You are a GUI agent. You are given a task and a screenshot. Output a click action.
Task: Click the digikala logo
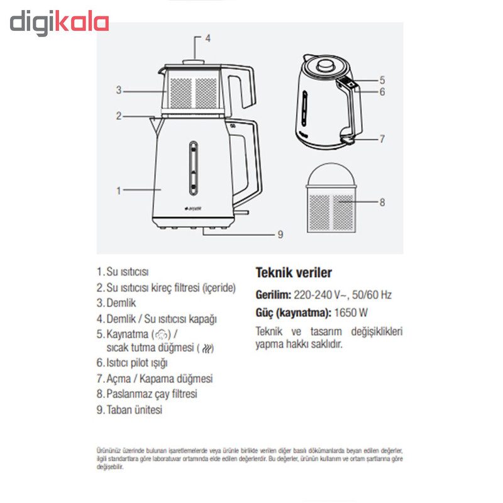pyautogui.click(x=59, y=23)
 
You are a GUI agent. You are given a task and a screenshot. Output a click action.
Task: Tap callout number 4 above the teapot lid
pyautogui.click(x=208, y=38)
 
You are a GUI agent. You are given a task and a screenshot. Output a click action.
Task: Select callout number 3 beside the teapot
pyautogui.click(x=119, y=90)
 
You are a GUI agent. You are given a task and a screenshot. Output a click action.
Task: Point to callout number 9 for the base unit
pyautogui.click(x=280, y=235)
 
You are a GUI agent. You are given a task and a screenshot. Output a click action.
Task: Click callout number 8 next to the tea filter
pyautogui.click(x=382, y=202)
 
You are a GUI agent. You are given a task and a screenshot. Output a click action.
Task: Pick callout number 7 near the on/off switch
pyautogui.click(x=382, y=139)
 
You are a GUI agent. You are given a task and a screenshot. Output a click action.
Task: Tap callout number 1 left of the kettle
pyautogui.click(x=119, y=191)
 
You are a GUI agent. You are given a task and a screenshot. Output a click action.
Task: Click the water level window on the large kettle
pyautogui.click(x=193, y=168)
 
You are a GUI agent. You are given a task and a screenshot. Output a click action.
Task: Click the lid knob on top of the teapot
pyautogui.click(x=194, y=62)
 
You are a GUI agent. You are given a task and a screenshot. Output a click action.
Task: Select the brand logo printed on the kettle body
pyautogui.click(x=192, y=209)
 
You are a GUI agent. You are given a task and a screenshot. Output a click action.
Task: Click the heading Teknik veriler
pyautogui.click(x=294, y=273)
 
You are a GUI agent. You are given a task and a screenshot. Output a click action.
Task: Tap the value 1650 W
pyautogui.click(x=351, y=312)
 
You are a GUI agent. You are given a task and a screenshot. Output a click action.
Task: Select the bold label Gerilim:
pyautogui.click(x=274, y=295)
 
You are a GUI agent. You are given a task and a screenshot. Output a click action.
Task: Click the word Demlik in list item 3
pyautogui.click(x=121, y=303)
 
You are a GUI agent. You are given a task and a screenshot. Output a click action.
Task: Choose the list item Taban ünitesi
pyautogui.click(x=135, y=410)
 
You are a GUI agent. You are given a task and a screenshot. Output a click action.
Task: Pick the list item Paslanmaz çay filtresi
pyautogui.click(x=152, y=394)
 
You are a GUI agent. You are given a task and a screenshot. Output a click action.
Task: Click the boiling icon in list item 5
pyautogui.click(x=161, y=335)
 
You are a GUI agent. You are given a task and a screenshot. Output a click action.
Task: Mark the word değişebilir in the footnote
pyautogui.click(x=109, y=467)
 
